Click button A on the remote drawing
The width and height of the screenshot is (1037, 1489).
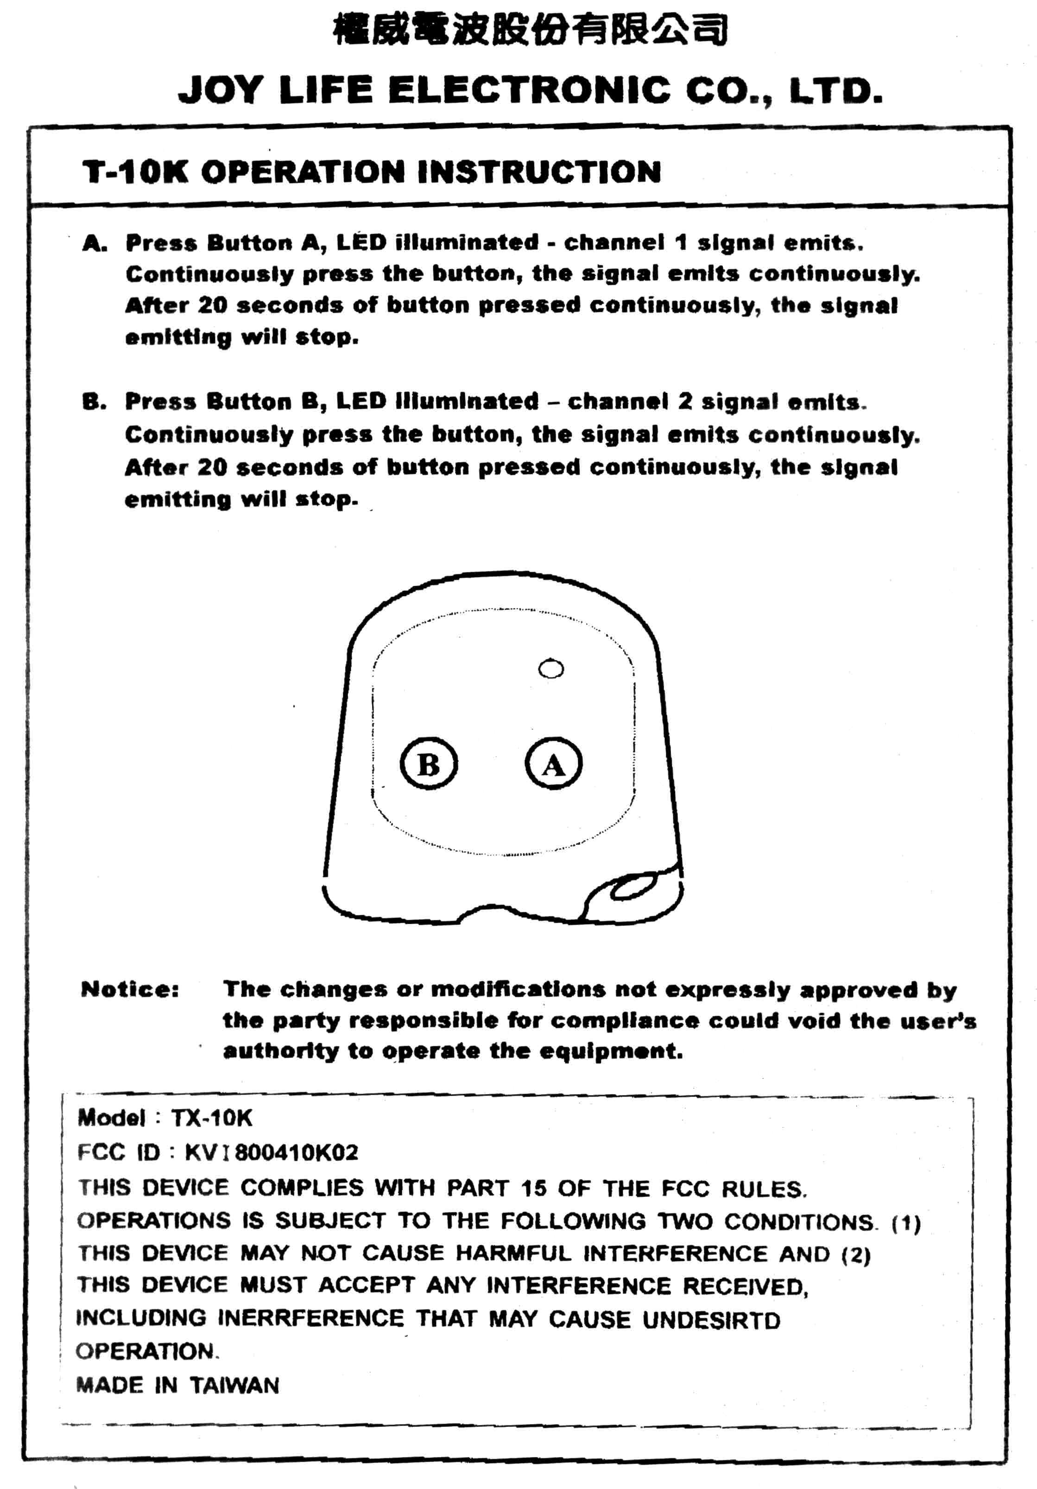click(553, 763)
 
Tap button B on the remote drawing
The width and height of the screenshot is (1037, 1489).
click(429, 763)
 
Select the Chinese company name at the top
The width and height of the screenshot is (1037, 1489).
click(530, 29)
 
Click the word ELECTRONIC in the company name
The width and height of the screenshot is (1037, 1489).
click(529, 90)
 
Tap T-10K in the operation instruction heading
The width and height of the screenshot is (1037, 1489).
click(135, 172)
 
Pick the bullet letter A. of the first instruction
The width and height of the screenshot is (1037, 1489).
click(95, 244)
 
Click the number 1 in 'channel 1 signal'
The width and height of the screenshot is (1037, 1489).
click(680, 242)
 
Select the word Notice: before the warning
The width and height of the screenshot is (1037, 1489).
click(130, 989)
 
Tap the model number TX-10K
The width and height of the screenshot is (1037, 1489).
click(211, 1117)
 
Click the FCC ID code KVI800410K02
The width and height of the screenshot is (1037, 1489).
click(271, 1153)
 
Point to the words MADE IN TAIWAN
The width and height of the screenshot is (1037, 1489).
click(177, 1385)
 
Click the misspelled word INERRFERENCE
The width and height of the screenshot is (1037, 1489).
click(310, 1318)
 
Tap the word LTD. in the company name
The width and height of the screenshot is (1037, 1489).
click(836, 91)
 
